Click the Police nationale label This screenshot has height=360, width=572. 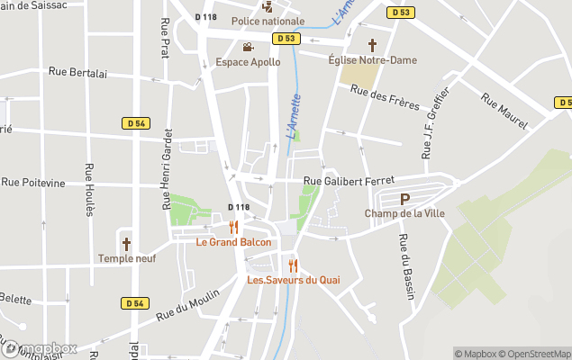pyautogui.click(x=268, y=21)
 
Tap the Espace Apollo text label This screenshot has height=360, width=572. pyautogui.click(x=248, y=62)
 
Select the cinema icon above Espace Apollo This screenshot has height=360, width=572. pyautogui.click(x=248, y=47)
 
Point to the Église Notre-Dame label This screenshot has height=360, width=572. pyautogui.click(x=373, y=60)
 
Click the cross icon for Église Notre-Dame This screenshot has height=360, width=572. pyautogui.click(x=372, y=45)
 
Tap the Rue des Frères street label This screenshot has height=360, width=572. pyautogui.click(x=385, y=97)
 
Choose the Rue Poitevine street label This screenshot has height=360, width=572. pyautogui.click(x=33, y=183)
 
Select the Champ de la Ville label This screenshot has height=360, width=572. pyautogui.click(x=404, y=213)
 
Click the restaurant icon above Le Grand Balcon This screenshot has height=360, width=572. pyautogui.click(x=233, y=227)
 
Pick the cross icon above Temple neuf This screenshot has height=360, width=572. pyautogui.click(x=127, y=244)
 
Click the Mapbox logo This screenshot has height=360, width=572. pyautogui.click(x=39, y=348)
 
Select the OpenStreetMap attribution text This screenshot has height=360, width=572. pyautogui.click(x=535, y=354)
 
